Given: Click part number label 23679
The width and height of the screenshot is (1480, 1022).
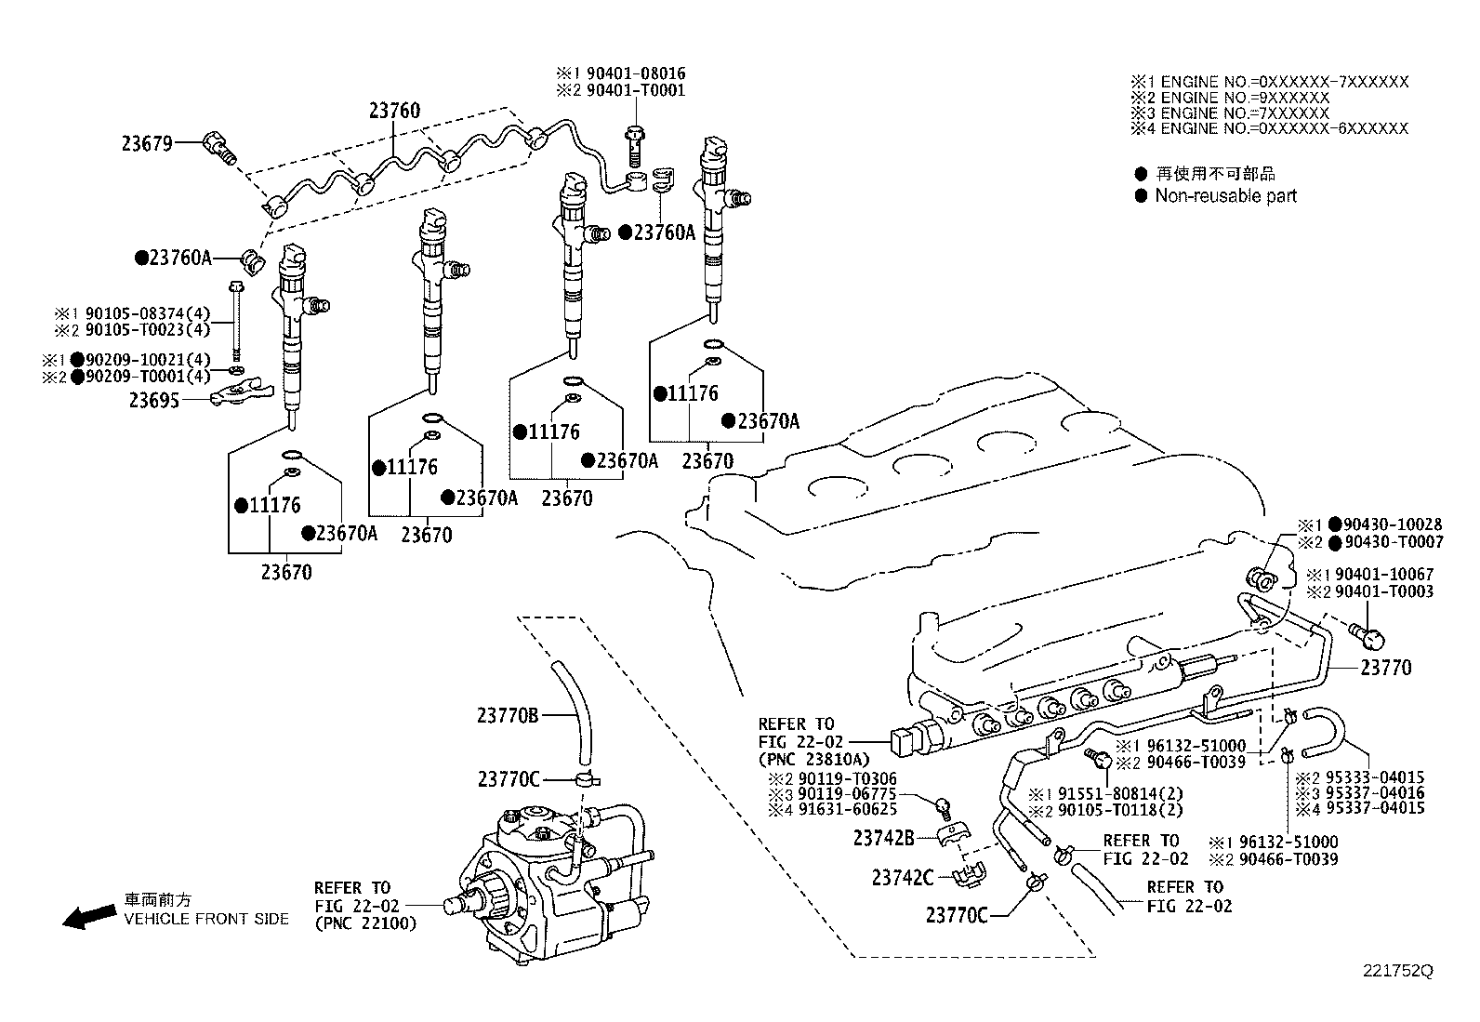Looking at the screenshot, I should coord(146,143).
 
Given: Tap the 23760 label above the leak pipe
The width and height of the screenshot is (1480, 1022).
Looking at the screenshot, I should coord(393,112).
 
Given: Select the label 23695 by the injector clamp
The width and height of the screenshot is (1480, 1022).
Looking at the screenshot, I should coord(154,400).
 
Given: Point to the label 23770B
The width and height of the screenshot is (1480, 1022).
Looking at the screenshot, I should coord(507,715).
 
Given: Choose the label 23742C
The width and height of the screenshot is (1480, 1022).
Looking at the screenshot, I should coord(901,877).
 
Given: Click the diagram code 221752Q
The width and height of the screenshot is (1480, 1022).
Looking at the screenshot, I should coord(1397,971).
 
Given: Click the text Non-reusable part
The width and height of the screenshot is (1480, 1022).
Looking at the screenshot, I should coord(1224,196).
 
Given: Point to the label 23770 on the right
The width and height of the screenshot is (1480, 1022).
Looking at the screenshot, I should coord(1385,668).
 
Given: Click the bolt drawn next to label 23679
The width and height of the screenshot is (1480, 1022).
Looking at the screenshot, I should coord(219,148).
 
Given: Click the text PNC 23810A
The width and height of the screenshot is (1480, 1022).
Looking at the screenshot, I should coord(814,758).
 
